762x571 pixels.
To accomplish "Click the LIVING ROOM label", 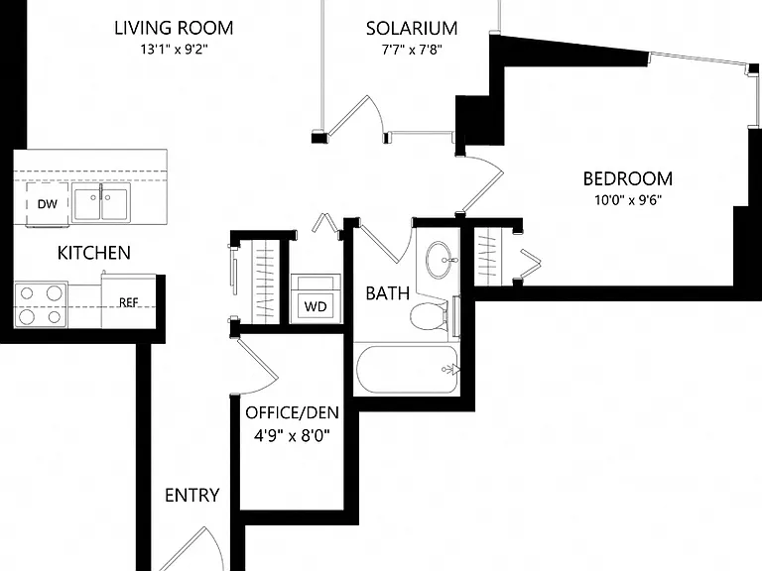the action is click(174, 28).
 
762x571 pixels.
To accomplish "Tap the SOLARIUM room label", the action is click(412, 29).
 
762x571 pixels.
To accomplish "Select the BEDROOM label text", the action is click(628, 178).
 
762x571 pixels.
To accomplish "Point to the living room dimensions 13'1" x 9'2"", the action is click(174, 50).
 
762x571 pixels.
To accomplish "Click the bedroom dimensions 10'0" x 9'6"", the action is click(628, 200).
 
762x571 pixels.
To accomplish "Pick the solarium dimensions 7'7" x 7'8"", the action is click(412, 50).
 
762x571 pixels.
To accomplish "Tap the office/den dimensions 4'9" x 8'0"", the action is click(292, 435).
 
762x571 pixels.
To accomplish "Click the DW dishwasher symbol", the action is click(48, 204).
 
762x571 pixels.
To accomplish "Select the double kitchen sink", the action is click(100, 202).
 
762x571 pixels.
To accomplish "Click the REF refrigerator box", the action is click(128, 300).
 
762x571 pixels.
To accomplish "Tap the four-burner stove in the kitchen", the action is click(41, 305).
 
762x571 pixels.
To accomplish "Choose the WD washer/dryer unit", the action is click(316, 298).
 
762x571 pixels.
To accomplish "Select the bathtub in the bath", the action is click(407, 370).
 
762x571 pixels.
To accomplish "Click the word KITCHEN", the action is click(94, 253).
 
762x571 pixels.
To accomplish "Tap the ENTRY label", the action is click(191, 496).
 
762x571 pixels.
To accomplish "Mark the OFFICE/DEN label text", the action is click(292, 412).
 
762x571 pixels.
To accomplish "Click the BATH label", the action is click(387, 293).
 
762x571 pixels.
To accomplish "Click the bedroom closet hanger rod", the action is click(489, 258).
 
